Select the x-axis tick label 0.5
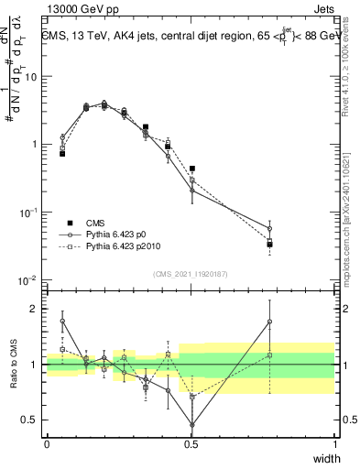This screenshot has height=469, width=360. point(191,443)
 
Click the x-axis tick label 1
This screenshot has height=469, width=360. point(334,443)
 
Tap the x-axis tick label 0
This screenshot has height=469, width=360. point(47,443)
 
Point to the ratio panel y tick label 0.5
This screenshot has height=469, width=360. point(32,420)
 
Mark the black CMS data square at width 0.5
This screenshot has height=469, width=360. point(191,169)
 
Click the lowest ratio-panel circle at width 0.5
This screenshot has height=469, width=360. point(191,424)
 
